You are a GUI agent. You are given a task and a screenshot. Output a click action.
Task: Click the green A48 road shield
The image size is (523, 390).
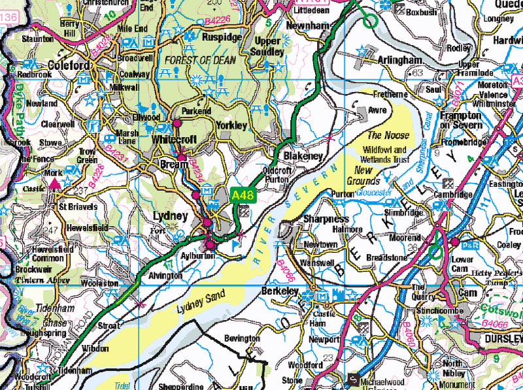tap(242, 195)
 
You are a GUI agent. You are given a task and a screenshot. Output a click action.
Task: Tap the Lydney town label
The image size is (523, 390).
tap(171, 216)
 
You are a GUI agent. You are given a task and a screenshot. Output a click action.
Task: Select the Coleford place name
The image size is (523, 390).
tap(69, 65)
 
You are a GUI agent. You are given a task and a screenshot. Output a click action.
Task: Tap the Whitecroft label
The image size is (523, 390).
tap(175, 140)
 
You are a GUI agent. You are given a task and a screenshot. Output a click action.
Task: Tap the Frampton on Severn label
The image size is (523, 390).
tap(460, 120)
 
